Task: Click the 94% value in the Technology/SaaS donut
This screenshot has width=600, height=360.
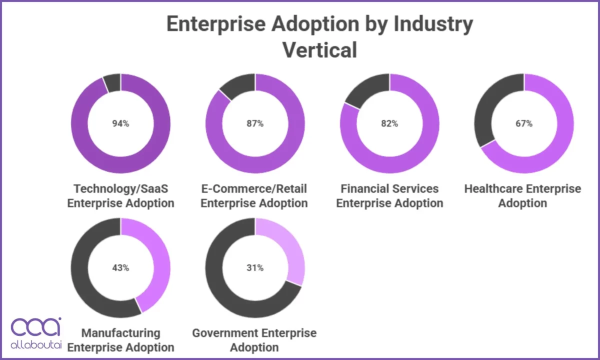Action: tap(120, 123)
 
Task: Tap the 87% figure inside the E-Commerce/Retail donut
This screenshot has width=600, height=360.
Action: tap(254, 123)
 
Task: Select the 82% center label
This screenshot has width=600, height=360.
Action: tap(389, 123)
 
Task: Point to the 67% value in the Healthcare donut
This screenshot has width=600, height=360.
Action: tap(523, 123)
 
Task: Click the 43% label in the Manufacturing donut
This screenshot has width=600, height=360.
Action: tap(120, 267)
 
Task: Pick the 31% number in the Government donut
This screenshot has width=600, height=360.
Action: tap(254, 267)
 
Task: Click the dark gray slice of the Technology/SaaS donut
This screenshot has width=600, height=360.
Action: tap(112, 82)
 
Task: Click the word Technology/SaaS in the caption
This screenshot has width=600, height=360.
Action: tap(120, 189)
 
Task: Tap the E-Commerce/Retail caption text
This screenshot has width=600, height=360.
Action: tap(254, 189)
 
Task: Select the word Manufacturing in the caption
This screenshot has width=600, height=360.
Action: tap(120, 333)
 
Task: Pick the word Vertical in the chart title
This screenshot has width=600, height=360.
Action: tap(319, 50)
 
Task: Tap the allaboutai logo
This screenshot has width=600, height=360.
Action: tap(36, 333)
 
